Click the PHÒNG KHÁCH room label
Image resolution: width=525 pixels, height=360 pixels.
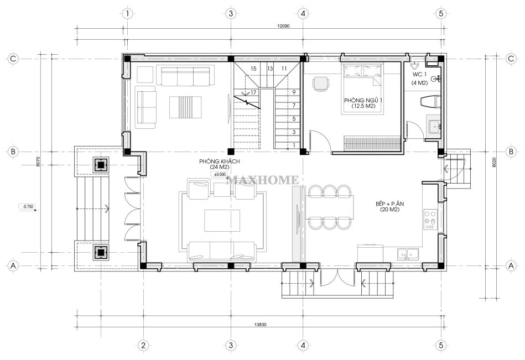tap(219, 161)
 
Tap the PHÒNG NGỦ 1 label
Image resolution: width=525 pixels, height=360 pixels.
tap(363, 101)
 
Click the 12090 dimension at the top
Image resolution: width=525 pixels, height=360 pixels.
tap(283, 26)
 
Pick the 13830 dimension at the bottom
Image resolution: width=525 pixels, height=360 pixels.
tap(260, 325)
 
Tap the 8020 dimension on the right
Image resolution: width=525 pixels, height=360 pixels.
tap(494, 163)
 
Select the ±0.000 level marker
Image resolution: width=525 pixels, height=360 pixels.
tap(220, 174)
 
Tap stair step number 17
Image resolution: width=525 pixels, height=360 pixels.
tap(253, 92)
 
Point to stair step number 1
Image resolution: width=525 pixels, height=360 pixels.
tap(294, 145)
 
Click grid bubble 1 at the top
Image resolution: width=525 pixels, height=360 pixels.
tap(127, 14)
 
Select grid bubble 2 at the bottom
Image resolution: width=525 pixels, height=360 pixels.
tap(143, 345)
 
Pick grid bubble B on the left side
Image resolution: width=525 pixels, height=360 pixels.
tap(13, 152)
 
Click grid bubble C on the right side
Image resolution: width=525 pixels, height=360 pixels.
tap(511, 59)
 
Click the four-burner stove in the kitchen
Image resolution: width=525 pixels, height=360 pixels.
tap(430, 220)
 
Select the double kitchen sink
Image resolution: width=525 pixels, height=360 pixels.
tap(408, 254)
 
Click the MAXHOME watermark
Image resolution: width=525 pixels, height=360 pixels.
tap(262, 180)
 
